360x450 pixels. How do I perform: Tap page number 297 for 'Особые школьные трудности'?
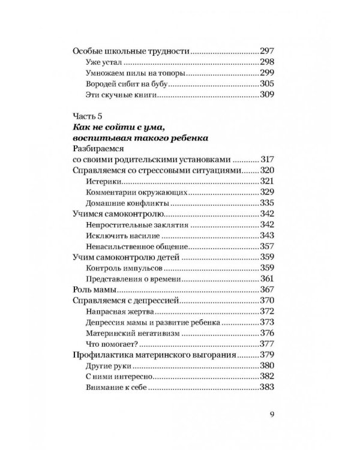coord(267,52)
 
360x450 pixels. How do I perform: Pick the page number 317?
coord(267,160)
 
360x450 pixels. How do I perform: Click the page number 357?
coord(267,247)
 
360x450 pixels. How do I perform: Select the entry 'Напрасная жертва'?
coord(113,311)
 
